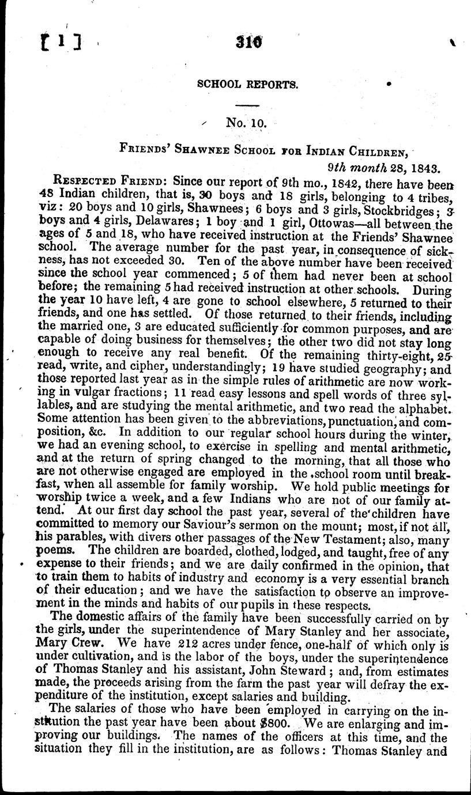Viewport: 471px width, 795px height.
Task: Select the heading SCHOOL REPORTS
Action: (247, 84)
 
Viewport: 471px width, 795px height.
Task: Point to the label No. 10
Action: (244, 123)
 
